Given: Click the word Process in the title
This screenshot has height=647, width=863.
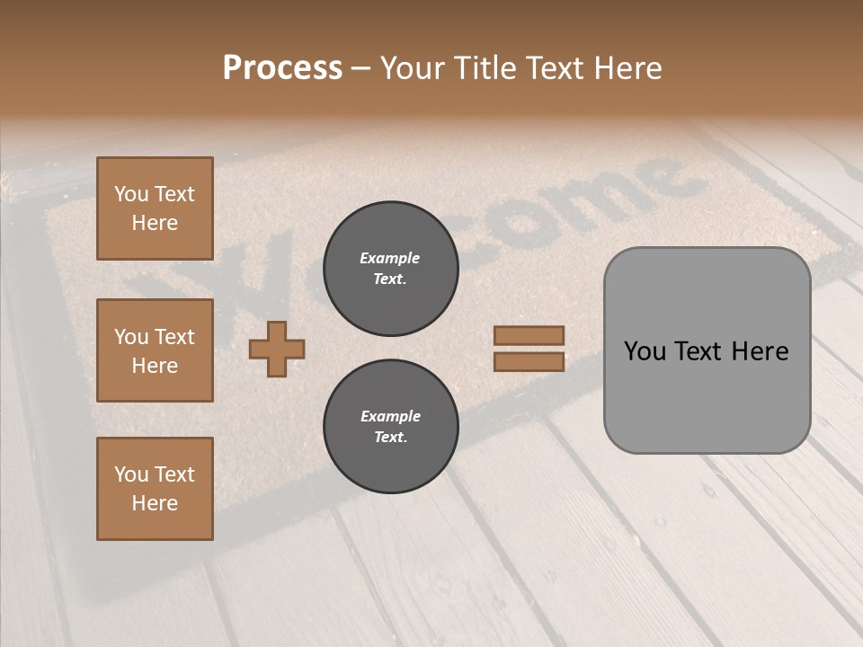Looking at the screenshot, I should (282, 68).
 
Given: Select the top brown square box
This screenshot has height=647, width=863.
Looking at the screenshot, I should (155, 208).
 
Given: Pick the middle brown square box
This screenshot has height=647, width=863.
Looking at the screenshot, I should (155, 350).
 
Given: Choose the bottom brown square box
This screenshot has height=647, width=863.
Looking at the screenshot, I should (155, 489).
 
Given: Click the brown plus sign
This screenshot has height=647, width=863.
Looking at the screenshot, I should (277, 350).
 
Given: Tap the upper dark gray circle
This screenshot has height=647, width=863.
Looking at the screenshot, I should (391, 269).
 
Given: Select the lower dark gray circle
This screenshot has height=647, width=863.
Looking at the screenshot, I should (391, 427).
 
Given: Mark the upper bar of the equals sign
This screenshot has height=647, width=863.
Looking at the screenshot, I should (529, 335).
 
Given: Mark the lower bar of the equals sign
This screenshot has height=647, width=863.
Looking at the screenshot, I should (529, 361).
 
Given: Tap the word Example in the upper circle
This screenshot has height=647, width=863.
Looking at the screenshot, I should (390, 258).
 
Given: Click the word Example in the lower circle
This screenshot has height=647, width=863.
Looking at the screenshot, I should (390, 416).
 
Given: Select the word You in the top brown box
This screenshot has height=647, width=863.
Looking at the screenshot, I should (131, 194).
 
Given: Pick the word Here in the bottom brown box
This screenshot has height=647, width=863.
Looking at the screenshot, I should (155, 503).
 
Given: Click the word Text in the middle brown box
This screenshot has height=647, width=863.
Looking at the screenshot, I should (174, 337).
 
